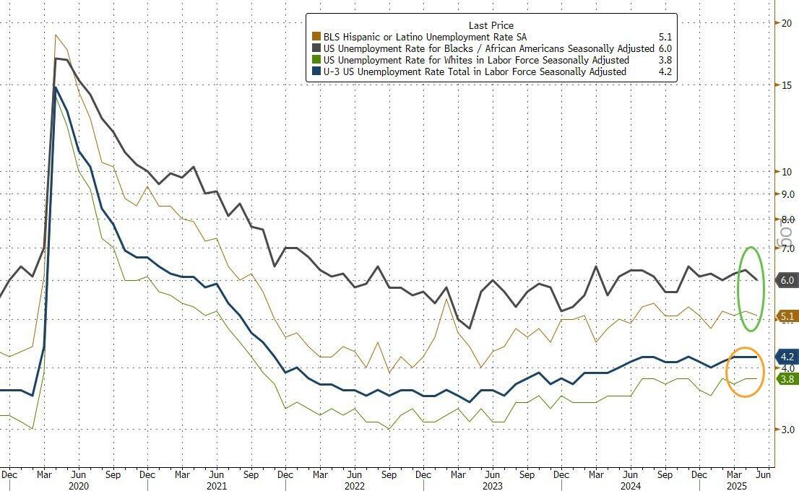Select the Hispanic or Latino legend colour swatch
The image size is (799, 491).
click(316, 36)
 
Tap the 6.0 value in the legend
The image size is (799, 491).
click(665, 48)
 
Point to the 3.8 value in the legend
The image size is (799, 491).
click(665, 61)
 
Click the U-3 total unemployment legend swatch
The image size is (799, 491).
click(316, 72)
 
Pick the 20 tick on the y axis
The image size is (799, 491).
click(787, 23)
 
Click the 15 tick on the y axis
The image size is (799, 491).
click(787, 85)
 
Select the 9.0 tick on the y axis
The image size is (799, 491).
click(787, 194)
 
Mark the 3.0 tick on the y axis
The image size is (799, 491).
click(787, 430)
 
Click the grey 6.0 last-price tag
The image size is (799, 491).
click(787, 280)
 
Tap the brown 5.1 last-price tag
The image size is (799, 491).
click(787, 316)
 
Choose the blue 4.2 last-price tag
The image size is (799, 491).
click(787, 357)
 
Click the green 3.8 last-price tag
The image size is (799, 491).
click(787, 378)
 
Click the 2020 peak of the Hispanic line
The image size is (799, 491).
click(56, 35)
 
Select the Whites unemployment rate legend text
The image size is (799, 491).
click(477, 61)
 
